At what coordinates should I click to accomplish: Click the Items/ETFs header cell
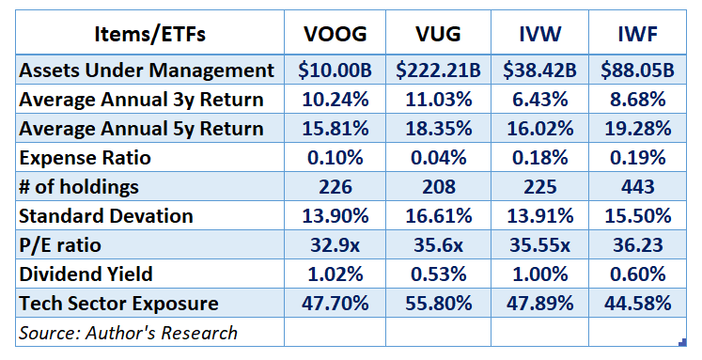point(149,35)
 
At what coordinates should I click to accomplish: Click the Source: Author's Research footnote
point(130,332)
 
